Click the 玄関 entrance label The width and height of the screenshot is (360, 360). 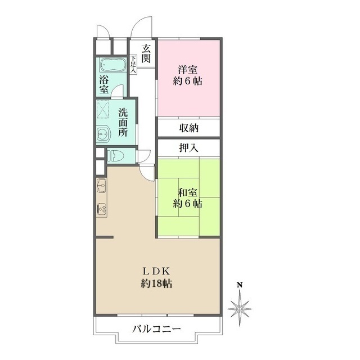pyautogui.click(x=146, y=54)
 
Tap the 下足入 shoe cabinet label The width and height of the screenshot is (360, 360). pyautogui.click(x=133, y=65)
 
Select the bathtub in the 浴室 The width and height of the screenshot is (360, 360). pyautogui.click(x=112, y=65)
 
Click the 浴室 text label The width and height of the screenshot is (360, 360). pyautogui.click(x=104, y=85)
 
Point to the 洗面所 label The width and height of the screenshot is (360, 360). pyautogui.click(x=123, y=123)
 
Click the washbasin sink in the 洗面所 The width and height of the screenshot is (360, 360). pyautogui.click(x=103, y=133)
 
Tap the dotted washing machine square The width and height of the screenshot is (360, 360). pyautogui.click(x=102, y=109)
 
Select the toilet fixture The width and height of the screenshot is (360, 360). pyautogui.click(x=116, y=155)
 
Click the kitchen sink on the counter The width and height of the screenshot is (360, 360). pyautogui.click(x=101, y=185)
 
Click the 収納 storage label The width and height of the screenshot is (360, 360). pyautogui.click(x=189, y=128)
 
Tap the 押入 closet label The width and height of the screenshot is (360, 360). pyautogui.click(x=188, y=148)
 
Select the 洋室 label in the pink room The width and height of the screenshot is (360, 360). pyautogui.click(x=188, y=70)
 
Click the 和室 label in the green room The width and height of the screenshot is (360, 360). pyautogui.click(x=188, y=193)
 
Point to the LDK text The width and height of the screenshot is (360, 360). pyautogui.click(x=156, y=272)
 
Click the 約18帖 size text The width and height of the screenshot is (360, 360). pyautogui.click(x=156, y=284)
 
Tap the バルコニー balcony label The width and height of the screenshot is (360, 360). pyautogui.click(x=156, y=330)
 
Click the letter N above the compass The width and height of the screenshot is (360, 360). pyautogui.click(x=240, y=285)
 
